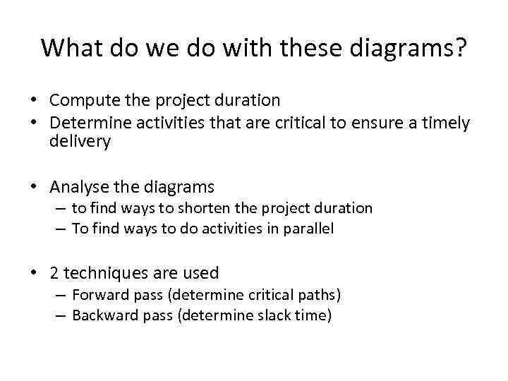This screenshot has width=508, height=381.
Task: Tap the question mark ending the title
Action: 460,49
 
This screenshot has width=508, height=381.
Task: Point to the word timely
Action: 446,123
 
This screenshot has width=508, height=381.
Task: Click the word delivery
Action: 80,142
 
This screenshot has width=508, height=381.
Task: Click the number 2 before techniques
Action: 55,273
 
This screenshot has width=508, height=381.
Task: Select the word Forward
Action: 98,294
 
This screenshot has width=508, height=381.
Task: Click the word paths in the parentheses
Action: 321,294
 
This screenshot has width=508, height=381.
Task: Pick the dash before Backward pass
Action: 61,315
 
